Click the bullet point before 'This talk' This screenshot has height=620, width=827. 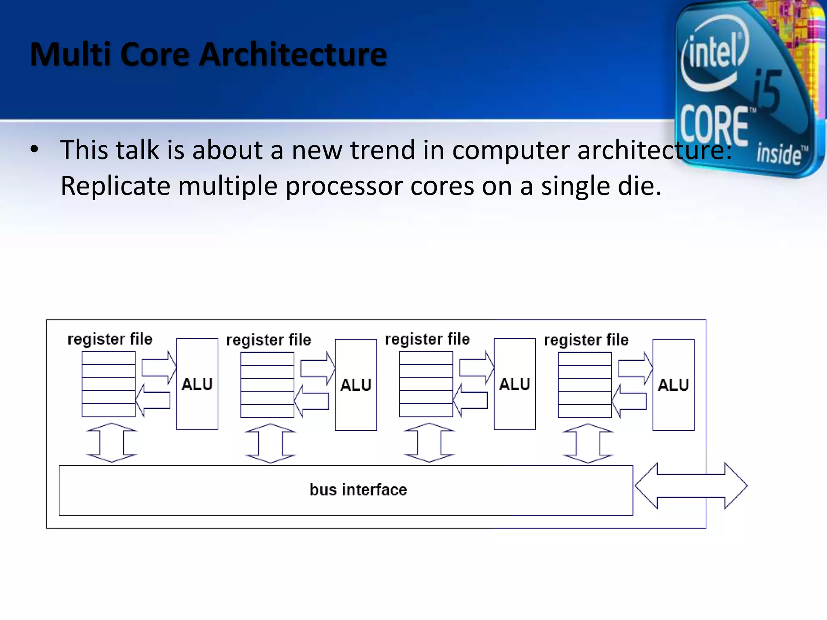coord(35,149)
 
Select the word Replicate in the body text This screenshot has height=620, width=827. coord(115,186)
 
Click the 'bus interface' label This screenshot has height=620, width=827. coord(358,490)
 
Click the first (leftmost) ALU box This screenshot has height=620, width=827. coord(197,384)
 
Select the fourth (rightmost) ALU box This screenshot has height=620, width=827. coord(673,385)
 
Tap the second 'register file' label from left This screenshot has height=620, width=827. coord(269,340)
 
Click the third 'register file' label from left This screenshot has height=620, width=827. coord(427,339)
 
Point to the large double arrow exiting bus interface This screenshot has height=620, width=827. coord(691,486)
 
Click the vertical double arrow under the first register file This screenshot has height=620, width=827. coord(111,442)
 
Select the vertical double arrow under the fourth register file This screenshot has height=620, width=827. coord(588,443)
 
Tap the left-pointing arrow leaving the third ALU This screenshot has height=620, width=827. coord(470,400)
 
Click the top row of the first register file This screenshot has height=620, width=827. coord(108,358)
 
